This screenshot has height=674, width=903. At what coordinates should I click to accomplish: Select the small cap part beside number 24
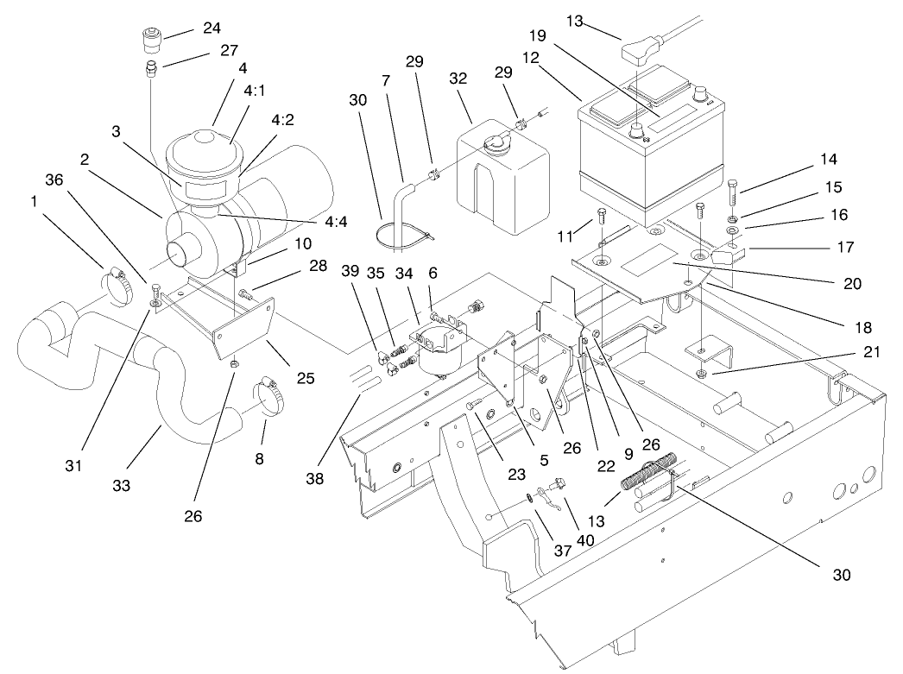click(x=151, y=40)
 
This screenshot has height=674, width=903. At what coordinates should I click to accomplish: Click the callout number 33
click(x=121, y=486)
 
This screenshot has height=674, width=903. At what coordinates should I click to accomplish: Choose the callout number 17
click(x=843, y=248)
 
